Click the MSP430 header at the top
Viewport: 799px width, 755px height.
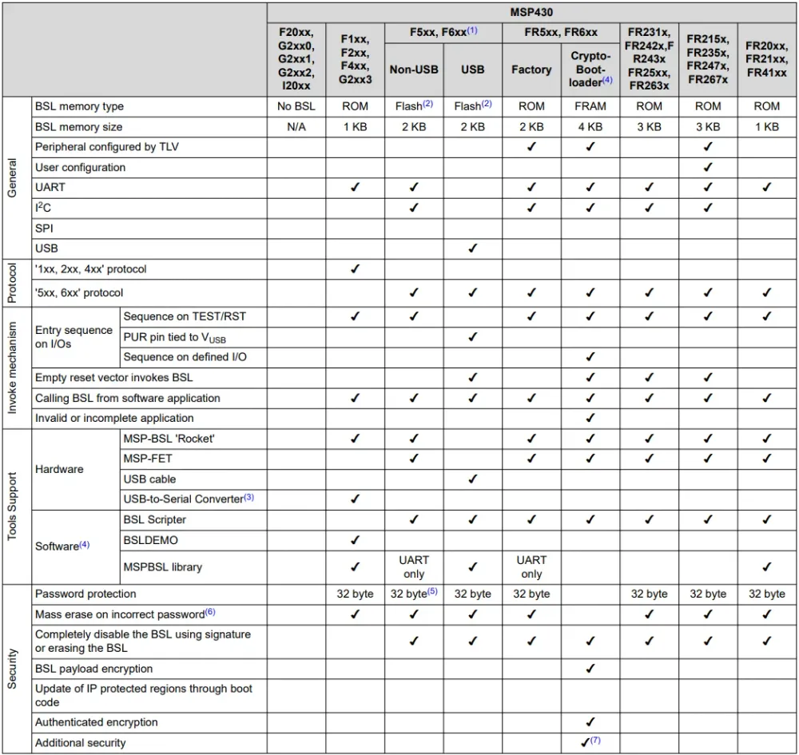click(x=531, y=12)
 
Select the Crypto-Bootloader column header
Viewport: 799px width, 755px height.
click(x=590, y=70)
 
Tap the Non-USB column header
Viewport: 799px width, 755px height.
click(x=414, y=70)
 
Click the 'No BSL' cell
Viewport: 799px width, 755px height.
click(x=296, y=106)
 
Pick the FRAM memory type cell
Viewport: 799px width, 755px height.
click(x=590, y=106)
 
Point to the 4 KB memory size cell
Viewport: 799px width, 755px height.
click(x=590, y=127)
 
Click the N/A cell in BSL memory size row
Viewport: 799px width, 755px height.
click(x=296, y=127)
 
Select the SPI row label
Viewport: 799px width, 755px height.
click(x=44, y=228)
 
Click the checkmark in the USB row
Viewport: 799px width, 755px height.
click(x=472, y=248)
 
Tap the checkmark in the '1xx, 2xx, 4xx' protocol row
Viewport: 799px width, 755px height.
click(x=355, y=269)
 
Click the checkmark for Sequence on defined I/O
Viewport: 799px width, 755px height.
click(x=590, y=357)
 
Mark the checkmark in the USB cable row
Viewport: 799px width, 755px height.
click(x=472, y=479)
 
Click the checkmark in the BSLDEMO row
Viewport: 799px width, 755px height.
click(x=355, y=540)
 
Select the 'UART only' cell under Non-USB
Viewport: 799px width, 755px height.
click(x=414, y=567)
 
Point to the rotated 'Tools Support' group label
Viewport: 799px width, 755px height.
click(x=12, y=507)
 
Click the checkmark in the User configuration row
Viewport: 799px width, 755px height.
click(x=708, y=167)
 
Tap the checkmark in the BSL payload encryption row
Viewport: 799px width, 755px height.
click(x=590, y=669)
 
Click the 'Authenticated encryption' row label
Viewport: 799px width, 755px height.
click(x=97, y=722)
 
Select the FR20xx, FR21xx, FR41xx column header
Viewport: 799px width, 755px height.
click(x=766, y=60)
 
